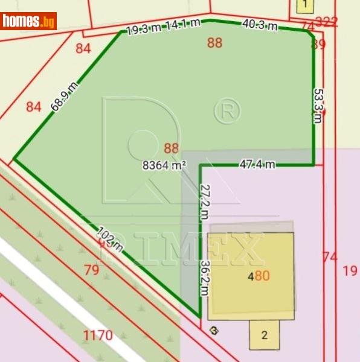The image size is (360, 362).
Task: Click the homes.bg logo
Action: [x=28, y=21]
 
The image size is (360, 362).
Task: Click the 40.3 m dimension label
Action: [x=260, y=25]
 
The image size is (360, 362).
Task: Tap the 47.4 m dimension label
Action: [x=257, y=164]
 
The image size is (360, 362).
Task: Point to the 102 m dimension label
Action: [x=110, y=238]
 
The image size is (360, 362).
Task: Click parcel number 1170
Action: [x=98, y=335]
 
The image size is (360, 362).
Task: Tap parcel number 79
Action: [x=92, y=270]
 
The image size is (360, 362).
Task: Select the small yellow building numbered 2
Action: [x=265, y=335]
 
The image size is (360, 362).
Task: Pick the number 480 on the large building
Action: [x=258, y=277]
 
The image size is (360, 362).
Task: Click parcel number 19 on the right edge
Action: [x=350, y=270]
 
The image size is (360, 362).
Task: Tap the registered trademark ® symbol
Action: [x=227, y=110]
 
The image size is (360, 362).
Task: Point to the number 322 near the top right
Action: [x=326, y=22]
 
